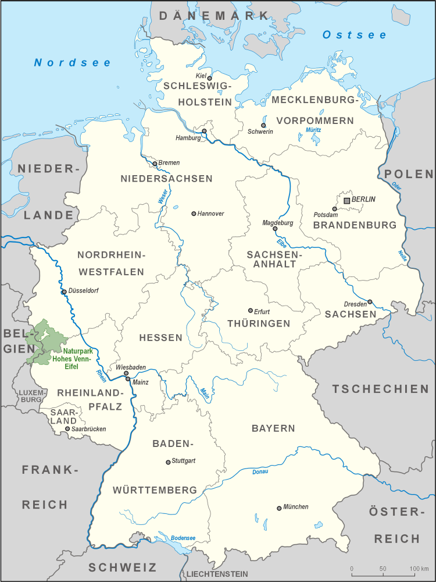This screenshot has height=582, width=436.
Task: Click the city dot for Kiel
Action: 210,78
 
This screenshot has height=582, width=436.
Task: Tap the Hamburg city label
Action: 188,139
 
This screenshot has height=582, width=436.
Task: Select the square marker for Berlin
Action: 347,200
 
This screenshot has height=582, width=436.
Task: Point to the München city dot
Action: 279,508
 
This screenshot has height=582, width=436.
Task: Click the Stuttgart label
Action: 184,461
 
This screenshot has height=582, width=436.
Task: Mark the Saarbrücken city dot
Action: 67,429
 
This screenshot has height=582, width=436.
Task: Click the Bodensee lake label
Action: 183,537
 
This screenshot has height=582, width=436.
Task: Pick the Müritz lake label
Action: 313,130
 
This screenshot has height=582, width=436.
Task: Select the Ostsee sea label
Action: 354,35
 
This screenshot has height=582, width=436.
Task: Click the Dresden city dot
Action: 370,302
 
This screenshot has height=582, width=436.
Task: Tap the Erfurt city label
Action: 262,311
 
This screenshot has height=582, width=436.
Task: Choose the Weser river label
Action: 162,196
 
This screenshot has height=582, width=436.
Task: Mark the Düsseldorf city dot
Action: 64,292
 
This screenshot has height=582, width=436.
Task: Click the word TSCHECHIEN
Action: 380,389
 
